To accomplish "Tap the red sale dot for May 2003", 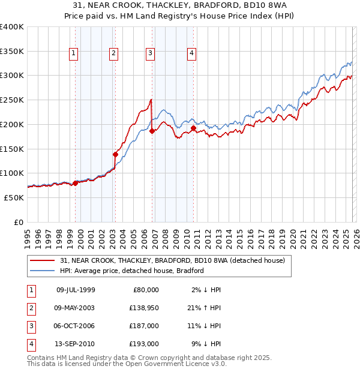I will pos(115,154).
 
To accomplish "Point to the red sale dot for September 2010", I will pos(193,128).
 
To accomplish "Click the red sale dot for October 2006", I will pos(152,131).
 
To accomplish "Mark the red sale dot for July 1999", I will pos(75,183).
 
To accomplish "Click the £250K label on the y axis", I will pos(12,100).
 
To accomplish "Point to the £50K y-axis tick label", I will pos(14,197).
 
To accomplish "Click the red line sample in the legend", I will pos(43,261).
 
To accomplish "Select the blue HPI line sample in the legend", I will pos(43,271).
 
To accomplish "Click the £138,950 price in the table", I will pos(142,307).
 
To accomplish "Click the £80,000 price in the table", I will pos(145,289).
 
